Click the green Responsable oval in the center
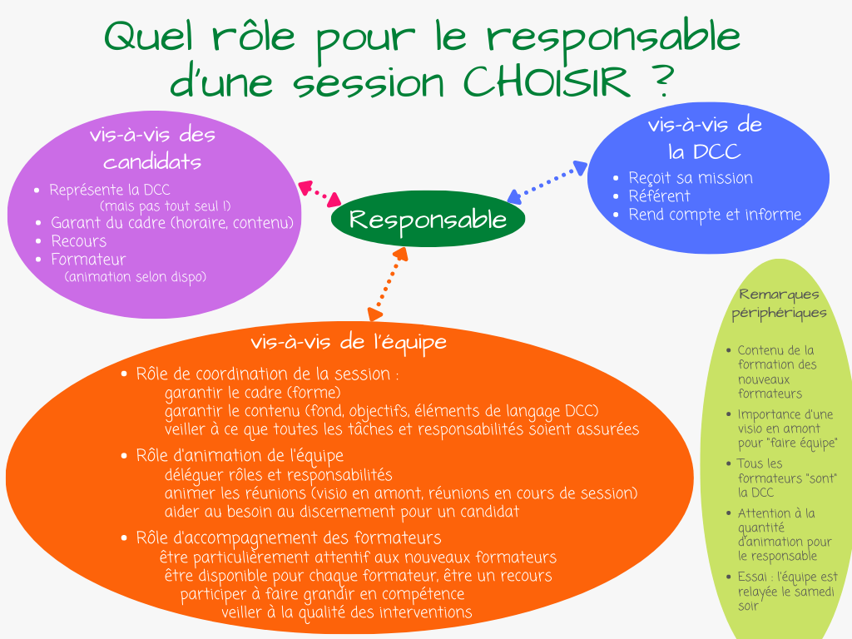(x=428, y=219)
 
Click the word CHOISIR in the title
(x=546, y=82)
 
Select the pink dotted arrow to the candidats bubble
(x=319, y=194)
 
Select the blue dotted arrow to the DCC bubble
(x=547, y=182)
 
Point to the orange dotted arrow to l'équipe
(x=388, y=284)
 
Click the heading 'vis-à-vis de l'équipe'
(x=349, y=342)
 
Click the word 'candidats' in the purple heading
(x=152, y=162)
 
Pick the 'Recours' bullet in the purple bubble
(x=79, y=240)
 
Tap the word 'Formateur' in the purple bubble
(x=88, y=260)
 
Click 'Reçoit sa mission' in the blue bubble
(x=691, y=178)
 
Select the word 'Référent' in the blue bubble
(x=659, y=196)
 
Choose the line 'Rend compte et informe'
(x=715, y=215)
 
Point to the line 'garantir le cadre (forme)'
(x=253, y=393)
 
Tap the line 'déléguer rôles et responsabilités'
(x=278, y=475)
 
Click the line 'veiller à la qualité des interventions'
(x=347, y=612)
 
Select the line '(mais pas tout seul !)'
(x=166, y=206)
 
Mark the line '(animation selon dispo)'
(x=136, y=276)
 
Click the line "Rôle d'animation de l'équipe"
(x=240, y=455)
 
